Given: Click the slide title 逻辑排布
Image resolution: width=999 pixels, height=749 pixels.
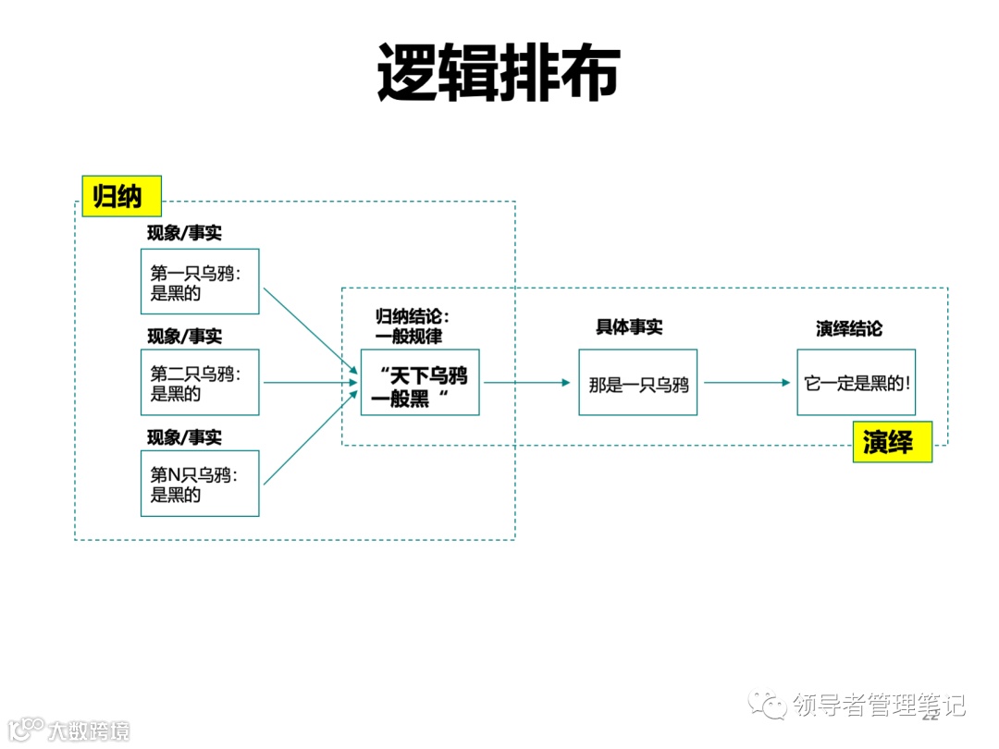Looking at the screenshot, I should click(498, 73).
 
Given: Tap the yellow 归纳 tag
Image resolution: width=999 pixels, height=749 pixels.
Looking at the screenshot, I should click(121, 196).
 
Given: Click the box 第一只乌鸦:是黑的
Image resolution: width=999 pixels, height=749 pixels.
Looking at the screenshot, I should click(200, 282).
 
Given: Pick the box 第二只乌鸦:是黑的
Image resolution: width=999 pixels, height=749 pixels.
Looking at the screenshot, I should click(200, 383).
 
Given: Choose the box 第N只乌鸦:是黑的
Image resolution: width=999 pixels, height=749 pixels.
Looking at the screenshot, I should click(200, 484).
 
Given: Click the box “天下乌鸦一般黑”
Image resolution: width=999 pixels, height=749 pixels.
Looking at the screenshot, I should click(420, 383).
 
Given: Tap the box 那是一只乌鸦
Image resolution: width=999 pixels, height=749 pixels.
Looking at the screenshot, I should click(638, 383).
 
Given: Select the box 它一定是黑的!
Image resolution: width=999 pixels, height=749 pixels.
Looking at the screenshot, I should click(857, 383).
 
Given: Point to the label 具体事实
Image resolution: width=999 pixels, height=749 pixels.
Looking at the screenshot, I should click(629, 327).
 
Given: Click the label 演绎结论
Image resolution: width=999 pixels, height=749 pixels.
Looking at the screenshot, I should click(848, 328).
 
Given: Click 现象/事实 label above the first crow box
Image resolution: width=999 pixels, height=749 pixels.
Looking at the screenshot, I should click(184, 233).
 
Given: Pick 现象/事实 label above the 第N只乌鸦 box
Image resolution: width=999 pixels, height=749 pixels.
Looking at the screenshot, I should click(184, 436).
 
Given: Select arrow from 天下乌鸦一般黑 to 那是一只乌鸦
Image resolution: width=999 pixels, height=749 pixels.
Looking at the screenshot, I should click(527, 383).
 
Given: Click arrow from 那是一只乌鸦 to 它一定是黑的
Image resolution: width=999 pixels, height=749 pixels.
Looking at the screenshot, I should click(746, 383).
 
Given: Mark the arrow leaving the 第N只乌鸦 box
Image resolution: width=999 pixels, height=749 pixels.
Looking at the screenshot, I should click(310, 436).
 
